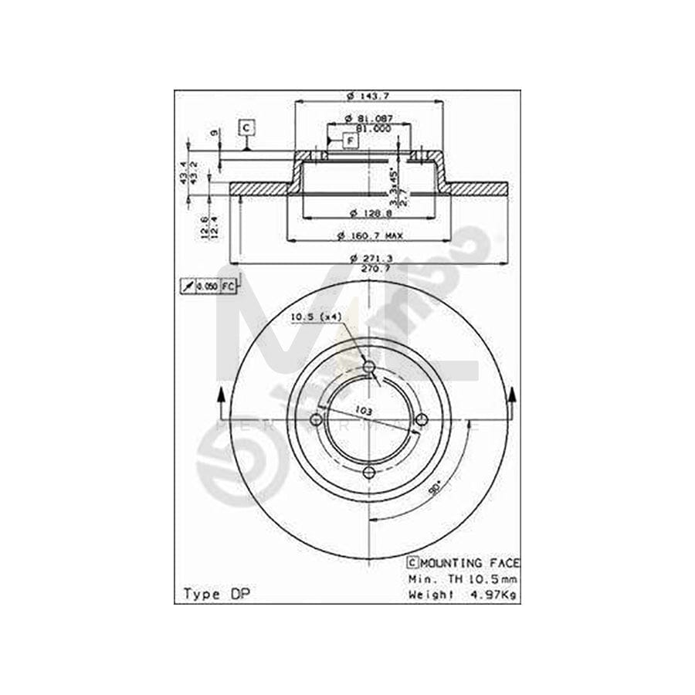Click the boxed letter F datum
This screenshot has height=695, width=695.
point(349,141)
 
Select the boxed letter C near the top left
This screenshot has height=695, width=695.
point(246,127)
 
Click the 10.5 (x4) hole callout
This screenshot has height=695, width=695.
point(317,316)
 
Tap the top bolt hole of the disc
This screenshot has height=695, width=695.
point(368,366)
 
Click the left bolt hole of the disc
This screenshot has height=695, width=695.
point(315,419)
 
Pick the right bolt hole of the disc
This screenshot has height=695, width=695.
point(422,419)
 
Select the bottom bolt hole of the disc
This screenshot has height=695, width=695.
point(368,473)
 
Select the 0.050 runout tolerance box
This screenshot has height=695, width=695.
point(206,286)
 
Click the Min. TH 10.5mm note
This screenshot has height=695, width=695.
point(463,578)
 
